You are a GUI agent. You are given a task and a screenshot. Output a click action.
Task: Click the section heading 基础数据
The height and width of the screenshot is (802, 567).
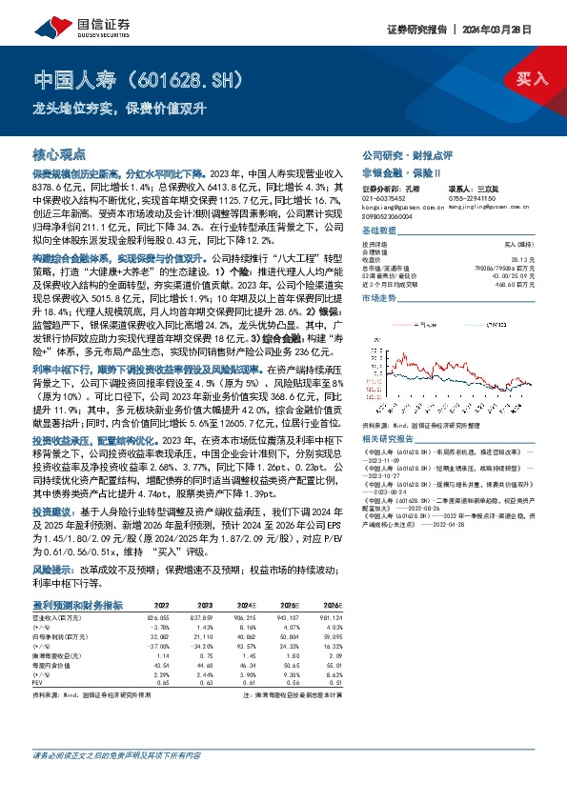(378, 231)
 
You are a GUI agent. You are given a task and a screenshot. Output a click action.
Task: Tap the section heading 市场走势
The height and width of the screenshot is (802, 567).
(378, 298)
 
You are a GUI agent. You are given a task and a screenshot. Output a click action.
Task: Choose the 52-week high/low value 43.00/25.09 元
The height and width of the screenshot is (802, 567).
(515, 275)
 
